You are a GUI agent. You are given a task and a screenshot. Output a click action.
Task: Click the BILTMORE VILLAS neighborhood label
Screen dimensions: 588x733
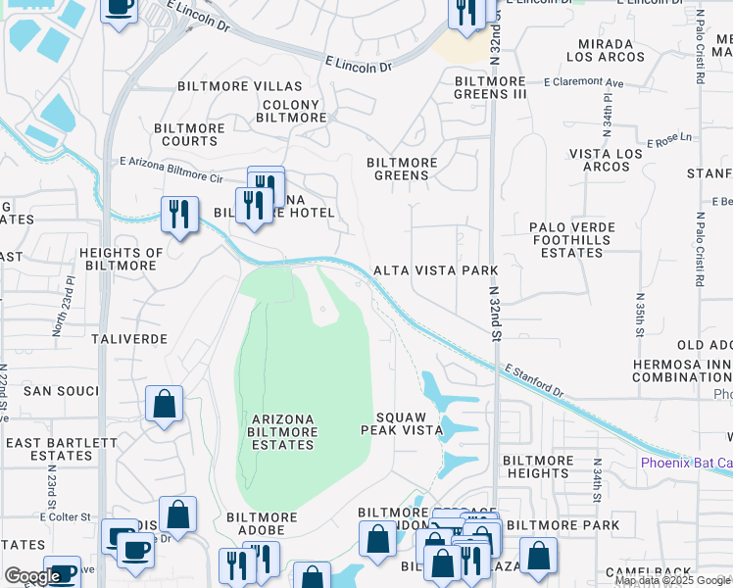[240, 86]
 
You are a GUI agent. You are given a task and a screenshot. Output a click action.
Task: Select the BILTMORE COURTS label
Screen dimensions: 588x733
[191, 134]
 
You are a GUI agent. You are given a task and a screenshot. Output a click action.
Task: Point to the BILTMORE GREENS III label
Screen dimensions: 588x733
[490, 87]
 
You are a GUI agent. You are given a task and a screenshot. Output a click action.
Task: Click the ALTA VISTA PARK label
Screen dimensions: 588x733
[435, 270]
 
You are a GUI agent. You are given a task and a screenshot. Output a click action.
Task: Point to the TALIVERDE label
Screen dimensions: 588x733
[129, 338]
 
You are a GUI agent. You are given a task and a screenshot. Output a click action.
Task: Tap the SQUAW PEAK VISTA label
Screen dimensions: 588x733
[398, 423]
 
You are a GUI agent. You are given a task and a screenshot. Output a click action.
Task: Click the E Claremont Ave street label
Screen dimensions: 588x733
[585, 82]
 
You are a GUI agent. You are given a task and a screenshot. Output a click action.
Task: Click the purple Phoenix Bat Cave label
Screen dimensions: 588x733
[686, 463]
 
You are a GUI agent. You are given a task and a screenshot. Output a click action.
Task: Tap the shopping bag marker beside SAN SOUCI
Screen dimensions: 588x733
[164, 403]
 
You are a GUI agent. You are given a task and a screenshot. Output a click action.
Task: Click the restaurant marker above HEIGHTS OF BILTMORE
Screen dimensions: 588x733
[177, 213]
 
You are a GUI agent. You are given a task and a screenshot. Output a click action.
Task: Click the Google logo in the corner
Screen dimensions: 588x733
[32, 576]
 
